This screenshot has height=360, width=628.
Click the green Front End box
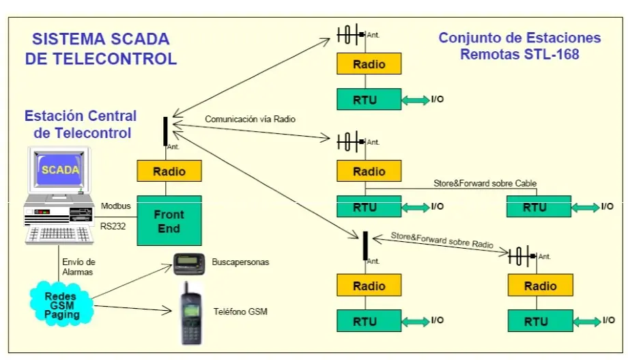(169, 221)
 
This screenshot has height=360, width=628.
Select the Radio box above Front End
(169, 171)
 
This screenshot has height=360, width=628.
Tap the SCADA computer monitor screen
(60, 171)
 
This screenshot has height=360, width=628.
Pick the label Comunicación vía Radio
(250, 119)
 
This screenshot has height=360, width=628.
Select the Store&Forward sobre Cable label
(485, 183)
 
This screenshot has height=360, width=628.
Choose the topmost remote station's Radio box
(369, 64)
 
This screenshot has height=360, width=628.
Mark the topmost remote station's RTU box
(369, 99)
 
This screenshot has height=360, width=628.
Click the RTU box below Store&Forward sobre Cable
(538, 206)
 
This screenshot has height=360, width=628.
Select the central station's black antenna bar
(165, 131)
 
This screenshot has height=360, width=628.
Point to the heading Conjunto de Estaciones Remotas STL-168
(519, 46)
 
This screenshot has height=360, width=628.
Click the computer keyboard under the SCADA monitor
(59, 235)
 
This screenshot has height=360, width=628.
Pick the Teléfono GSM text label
(240, 312)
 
